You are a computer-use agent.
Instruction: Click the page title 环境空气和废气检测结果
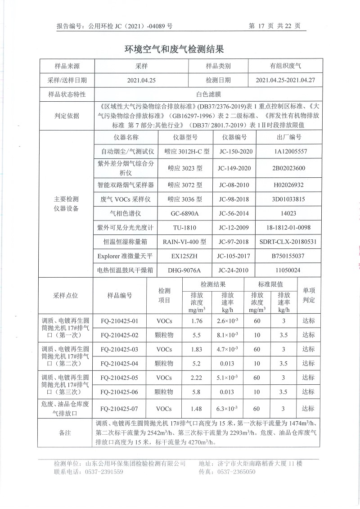[x=173, y=49]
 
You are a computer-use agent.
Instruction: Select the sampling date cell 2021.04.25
[x=141, y=80]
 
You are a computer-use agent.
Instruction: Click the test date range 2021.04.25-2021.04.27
[x=285, y=80]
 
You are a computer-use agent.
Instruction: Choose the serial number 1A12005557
[x=284, y=152]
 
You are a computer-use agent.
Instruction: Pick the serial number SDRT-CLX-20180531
[x=284, y=242]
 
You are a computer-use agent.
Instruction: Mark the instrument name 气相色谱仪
[x=126, y=213]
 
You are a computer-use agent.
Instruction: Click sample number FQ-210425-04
[x=119, y=363]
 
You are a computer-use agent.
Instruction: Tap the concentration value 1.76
[x=197, y=321]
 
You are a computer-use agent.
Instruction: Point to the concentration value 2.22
[x=197, y=378]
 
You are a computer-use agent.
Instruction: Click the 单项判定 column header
[x=308, y=295]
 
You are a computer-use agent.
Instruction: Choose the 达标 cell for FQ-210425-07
[x=308, y=409]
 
